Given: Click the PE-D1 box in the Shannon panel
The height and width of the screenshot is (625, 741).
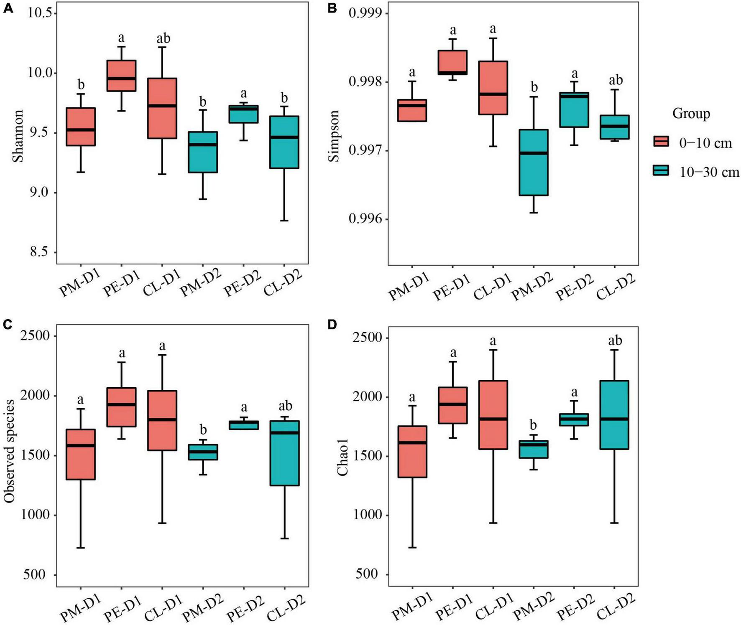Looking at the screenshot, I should point(121,76).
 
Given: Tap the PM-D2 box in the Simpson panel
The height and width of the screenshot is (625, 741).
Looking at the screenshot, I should point(533,163).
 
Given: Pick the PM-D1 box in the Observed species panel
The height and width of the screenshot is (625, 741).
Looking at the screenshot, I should point(81,455).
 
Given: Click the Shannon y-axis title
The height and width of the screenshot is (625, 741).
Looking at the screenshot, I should point(18,136).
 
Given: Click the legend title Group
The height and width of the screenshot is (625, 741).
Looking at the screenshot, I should point(691,113).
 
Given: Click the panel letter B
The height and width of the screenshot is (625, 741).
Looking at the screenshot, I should point(332,8).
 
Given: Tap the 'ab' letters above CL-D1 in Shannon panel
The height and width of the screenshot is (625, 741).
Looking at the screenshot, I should point(163,39).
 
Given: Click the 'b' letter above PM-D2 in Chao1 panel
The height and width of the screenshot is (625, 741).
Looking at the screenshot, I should point(533,425).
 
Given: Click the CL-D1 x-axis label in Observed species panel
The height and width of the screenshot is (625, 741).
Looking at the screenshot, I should point(163,608).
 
